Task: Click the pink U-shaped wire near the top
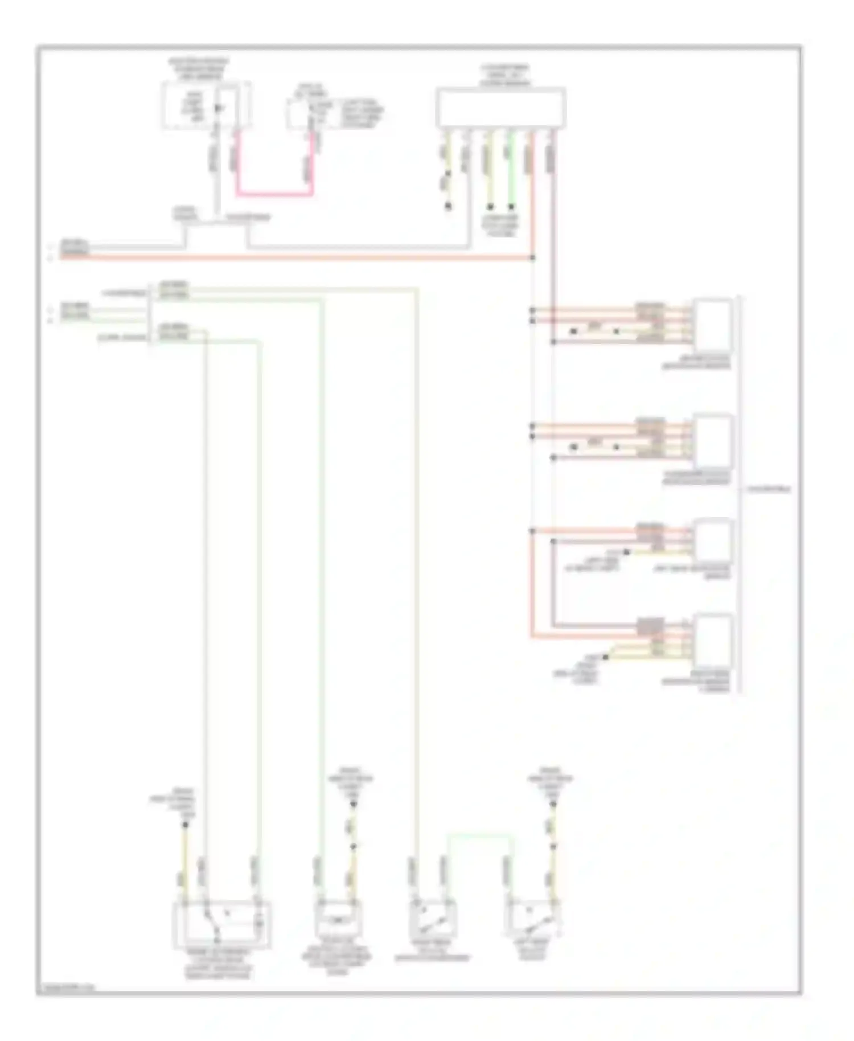(x=274, y=194)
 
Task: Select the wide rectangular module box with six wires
(x=500, y=107)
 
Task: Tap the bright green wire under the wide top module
(x=511, y=171)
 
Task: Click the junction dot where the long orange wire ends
(x=532, y=258)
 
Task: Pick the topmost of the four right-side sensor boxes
(x=712, y=323)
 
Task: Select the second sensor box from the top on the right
(x=712, y=440)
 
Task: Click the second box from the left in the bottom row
(x=338, y=918)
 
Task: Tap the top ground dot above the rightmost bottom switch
(x=552, y=804)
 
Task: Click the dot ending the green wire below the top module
(x=511, y=207)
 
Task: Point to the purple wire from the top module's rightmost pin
(x=552, y=228)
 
